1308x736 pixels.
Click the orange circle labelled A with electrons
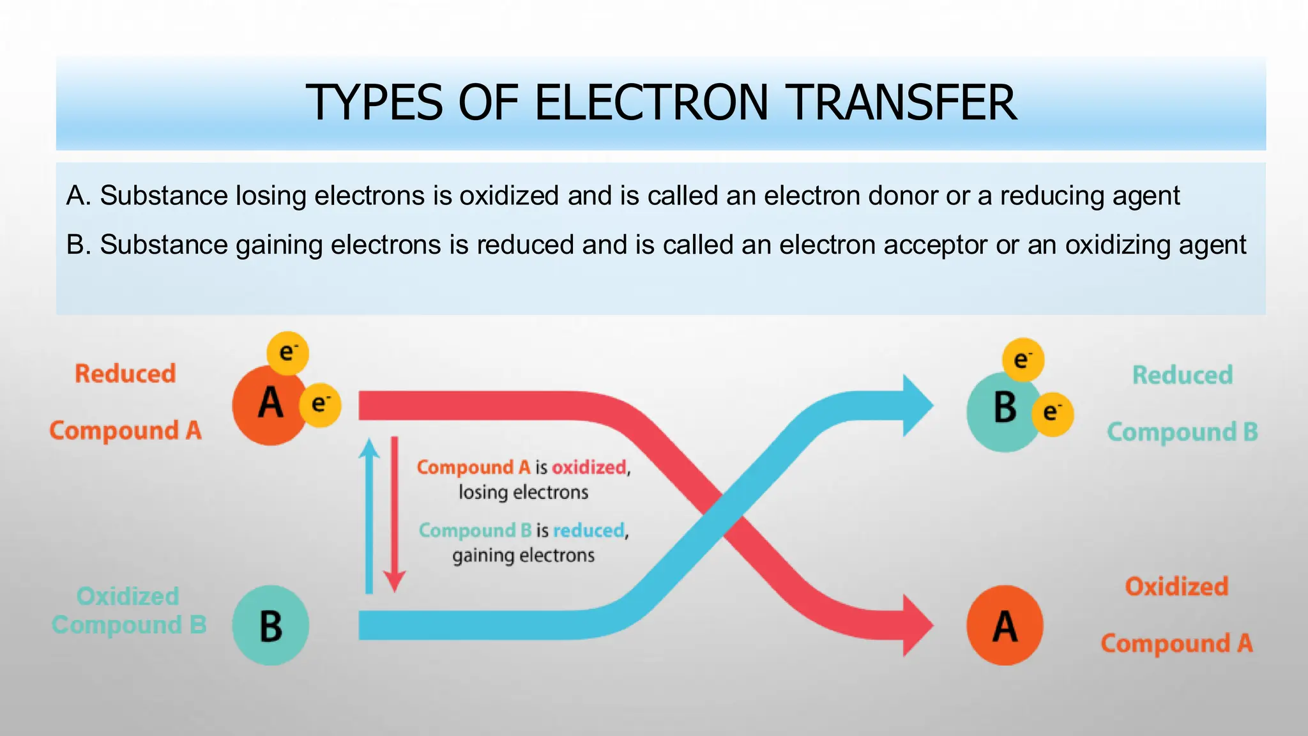point(270,404)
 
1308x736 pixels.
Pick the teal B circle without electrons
point(270,625)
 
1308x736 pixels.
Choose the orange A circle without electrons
point(1005,625)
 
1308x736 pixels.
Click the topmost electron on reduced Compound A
point(287,353)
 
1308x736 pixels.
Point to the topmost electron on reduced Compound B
point(1023,360)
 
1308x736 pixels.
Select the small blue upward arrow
point(369,514)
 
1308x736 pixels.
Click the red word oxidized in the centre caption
point(589,468)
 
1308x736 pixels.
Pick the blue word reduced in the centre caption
point(589,530)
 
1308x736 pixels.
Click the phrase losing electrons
point(523,493)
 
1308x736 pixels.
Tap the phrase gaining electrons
point(523,555)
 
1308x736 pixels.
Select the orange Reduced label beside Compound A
point(125,374)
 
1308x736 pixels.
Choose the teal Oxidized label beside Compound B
point(128,596)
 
